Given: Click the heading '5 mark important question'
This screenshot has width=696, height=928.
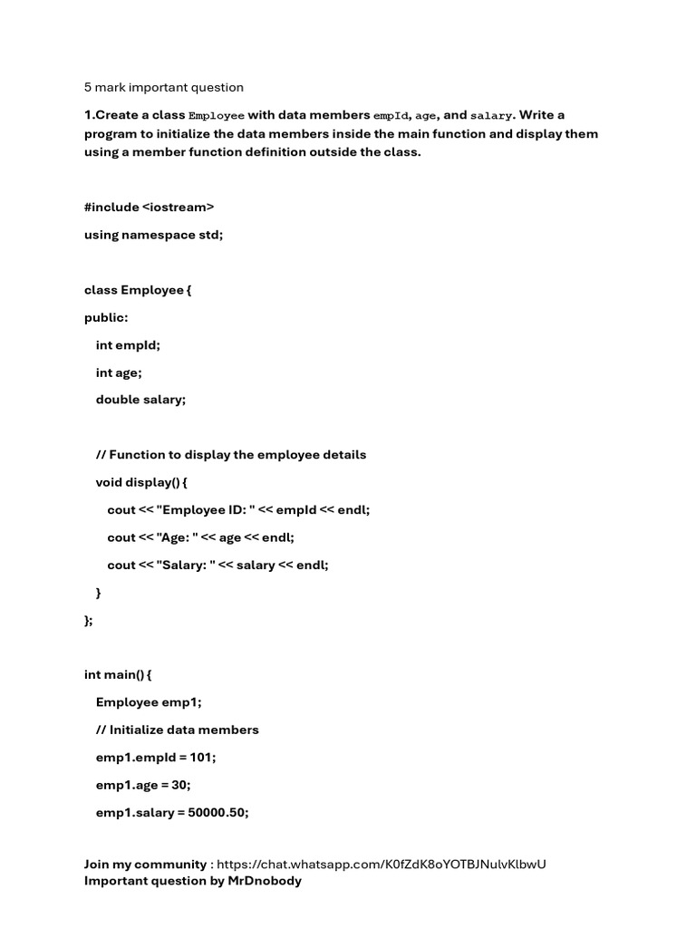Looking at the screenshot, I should [164, 88].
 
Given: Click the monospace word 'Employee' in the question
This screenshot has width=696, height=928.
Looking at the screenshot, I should [216, 116].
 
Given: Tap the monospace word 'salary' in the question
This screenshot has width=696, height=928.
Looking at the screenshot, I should [491, 116].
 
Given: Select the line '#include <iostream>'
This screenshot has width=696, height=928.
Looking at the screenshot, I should [150, 207].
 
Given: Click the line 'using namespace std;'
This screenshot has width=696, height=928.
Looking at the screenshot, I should [153, 235].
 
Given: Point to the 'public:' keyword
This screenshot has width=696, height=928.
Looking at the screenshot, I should [107, 317].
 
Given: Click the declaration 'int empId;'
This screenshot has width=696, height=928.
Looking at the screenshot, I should [128, 345].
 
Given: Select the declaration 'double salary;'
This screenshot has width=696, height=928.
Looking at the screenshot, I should [140, 400].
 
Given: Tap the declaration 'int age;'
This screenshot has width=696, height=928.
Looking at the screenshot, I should [119, 372].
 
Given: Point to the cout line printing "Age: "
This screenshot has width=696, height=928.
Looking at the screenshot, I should [201, 537].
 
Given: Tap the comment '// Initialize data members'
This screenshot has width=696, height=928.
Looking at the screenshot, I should [178, 730].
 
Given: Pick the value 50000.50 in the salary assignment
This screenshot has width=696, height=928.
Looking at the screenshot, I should [217, 813].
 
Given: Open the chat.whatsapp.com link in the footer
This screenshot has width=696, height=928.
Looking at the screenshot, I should [382, 865].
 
